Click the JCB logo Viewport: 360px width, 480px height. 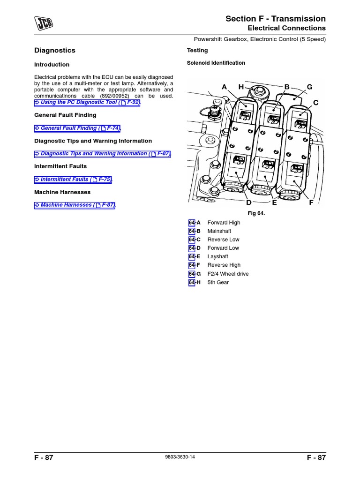pyautogui.click(x=43, y=22)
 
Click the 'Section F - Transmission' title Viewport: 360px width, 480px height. pyautogui.click(x=275, y=19)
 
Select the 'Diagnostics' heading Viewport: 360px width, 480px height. pyautogui.click(x=55, y=50)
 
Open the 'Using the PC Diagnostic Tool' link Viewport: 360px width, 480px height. pyautogui.click(x=87, y=102)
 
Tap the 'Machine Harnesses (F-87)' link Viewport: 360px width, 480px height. pyautogui.click(x=75, y=205)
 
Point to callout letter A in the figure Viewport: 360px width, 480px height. pyautogui.click(x=224, y=87)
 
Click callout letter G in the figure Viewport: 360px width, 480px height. pyautogui.click(x=309, y=87)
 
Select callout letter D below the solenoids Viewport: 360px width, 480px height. pyautogui.click(x=249, y=202)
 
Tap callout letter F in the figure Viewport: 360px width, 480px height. pyautogui.click(x=311, y=202)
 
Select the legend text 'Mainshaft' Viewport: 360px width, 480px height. pyautogui.click(x=219, y=231)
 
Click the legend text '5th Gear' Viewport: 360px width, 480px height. pyautogui.click(x=218, y=282)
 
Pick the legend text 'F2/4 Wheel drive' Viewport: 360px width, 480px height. pyautogui.click(x=228, y=274)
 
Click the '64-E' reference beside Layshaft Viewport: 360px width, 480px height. pyautogui.click(x=194, y=256)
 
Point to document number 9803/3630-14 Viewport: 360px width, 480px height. pyautogui.click(x=180, y=457)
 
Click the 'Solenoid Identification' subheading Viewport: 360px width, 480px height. pyautogui.click(x=216, y=63)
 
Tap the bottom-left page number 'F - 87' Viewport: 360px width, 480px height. pyautogui.click(x=44, y=458)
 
